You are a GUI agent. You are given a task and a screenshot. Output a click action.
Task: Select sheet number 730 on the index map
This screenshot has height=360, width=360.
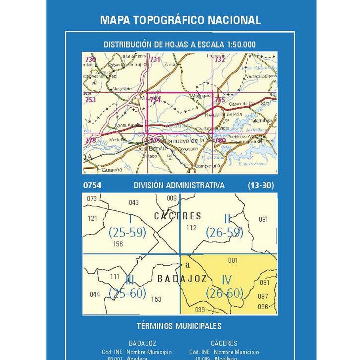pos(90,60)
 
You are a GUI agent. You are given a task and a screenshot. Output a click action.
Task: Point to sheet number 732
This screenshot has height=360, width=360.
pos(220,60)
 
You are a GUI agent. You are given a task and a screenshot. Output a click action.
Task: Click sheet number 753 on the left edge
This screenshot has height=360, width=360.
pos(90,100)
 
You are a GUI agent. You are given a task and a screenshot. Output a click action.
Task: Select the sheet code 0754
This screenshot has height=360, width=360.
pos(92,186)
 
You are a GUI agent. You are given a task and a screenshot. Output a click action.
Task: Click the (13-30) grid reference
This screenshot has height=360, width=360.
pos(260,186)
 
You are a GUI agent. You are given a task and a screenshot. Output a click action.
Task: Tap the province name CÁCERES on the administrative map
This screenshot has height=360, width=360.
pos(178,216)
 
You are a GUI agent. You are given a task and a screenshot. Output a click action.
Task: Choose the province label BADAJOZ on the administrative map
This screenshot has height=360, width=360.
pos(182,279)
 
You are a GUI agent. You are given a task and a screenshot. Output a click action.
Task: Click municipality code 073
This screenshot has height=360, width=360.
pos(92,198)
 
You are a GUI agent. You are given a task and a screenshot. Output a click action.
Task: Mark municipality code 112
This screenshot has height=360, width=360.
pos(192,228)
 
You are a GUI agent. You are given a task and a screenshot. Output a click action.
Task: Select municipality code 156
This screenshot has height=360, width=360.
pos(118,244)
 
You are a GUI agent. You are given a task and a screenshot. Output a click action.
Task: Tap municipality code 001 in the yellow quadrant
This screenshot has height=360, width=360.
pos(233,260)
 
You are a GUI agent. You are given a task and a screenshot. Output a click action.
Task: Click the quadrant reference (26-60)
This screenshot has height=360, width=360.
pos(224,294)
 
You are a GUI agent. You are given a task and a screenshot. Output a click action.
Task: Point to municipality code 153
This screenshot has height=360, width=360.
pos(156,299)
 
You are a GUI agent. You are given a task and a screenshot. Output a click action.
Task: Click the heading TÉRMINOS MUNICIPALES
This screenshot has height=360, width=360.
pos(179,326)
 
